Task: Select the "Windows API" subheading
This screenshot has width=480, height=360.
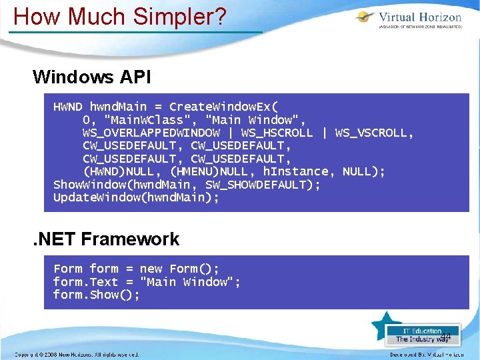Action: point(92,77)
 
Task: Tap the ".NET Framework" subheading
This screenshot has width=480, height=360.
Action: point(106,239)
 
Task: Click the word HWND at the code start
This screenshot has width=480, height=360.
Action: point(68,107)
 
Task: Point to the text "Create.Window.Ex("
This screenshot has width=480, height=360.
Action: point(224,107)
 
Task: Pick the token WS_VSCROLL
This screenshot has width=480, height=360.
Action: point(374,133)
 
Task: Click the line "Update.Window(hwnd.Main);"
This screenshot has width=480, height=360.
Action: point(136,197)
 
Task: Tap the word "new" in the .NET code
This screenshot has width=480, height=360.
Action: point(151,269)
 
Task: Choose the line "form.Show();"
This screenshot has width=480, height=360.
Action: point(97,295)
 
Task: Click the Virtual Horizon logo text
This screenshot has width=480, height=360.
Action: point(419,17)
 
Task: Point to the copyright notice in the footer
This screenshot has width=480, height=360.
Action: point(77,355)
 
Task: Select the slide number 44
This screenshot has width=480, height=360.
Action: point(446,336)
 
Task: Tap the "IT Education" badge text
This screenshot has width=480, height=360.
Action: point(422,331)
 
